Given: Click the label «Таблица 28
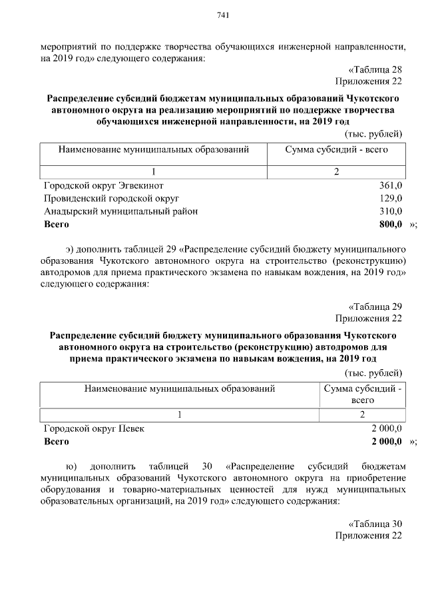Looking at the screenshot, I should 375,70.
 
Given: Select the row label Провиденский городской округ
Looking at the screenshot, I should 111,199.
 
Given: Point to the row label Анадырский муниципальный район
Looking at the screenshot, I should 120,211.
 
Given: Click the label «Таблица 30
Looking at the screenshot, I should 375,523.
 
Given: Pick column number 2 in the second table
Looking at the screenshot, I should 362,415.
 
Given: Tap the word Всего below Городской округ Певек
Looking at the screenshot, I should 56,441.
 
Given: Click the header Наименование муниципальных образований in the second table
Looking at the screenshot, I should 179,388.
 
